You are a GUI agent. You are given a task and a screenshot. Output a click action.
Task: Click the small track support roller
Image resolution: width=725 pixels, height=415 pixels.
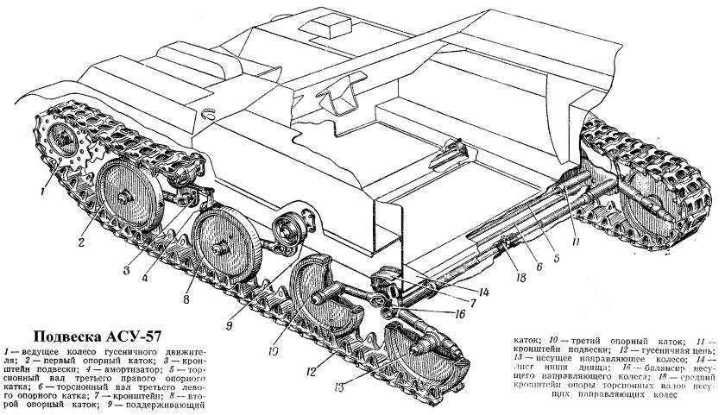click(x=289, y=233)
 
